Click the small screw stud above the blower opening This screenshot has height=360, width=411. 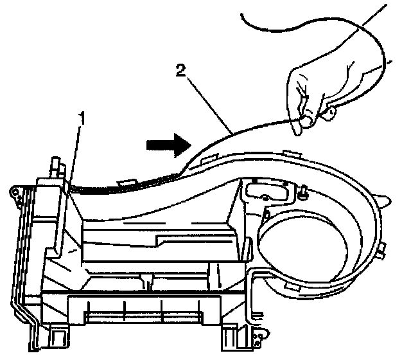302,191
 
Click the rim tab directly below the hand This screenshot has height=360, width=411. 290,152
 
